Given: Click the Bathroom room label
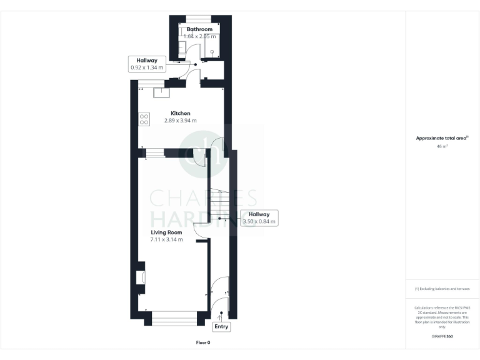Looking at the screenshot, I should pos(199,29).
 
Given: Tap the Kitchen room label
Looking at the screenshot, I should pos(181,113).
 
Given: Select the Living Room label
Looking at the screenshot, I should pos(166,232).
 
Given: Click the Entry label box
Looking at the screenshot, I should pos(222,326).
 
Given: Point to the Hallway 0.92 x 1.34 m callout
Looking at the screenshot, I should pos(147,64).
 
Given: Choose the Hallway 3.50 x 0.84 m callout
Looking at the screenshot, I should pos(259,217).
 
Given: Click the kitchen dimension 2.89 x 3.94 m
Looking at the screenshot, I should pos(181,121).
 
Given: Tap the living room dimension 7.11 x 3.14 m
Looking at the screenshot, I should pos(166,239).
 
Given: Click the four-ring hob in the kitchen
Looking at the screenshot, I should pos(143,117).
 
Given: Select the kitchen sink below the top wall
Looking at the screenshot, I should pos(161,92).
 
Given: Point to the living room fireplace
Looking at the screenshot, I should pos(141,277).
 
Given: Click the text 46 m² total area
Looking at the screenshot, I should pos(442,146).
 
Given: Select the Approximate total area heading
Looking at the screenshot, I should pos(442,138).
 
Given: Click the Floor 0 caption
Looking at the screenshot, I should pos(203,342).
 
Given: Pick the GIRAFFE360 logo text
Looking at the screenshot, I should pos(442,337).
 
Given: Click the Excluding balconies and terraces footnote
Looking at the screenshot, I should pos(442,289).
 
